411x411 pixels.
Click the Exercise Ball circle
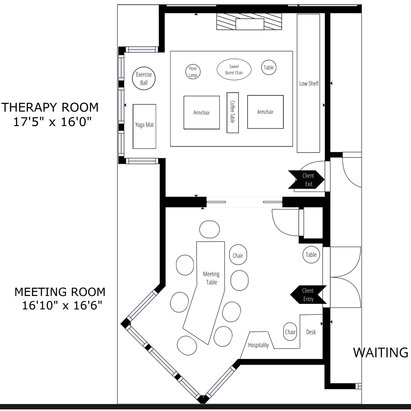pos(144,78)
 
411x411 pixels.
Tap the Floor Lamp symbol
pos(193,72)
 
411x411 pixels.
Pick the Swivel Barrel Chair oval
pos(234,70)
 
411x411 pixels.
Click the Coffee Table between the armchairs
pos(233,113)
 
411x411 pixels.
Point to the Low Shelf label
pos(309,84)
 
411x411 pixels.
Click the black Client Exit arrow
pos(306,179)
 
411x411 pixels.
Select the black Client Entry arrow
pos(309,295)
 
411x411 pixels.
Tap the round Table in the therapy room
pos(269,67)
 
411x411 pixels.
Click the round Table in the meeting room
pos(311,255)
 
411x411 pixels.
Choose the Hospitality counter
pos(258,345)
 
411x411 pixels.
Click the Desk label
pos(311,332)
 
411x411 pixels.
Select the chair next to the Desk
pos(290,332)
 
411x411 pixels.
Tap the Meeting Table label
pos(211,278)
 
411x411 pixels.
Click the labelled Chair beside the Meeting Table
pos(238,255)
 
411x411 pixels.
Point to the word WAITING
pos(381,353)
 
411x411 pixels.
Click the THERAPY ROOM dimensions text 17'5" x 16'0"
pos(52,122)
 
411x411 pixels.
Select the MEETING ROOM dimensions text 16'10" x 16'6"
pos(62,305)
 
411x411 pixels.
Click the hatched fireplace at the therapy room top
pos(249,21)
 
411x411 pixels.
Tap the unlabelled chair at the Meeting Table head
pos(210,229)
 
